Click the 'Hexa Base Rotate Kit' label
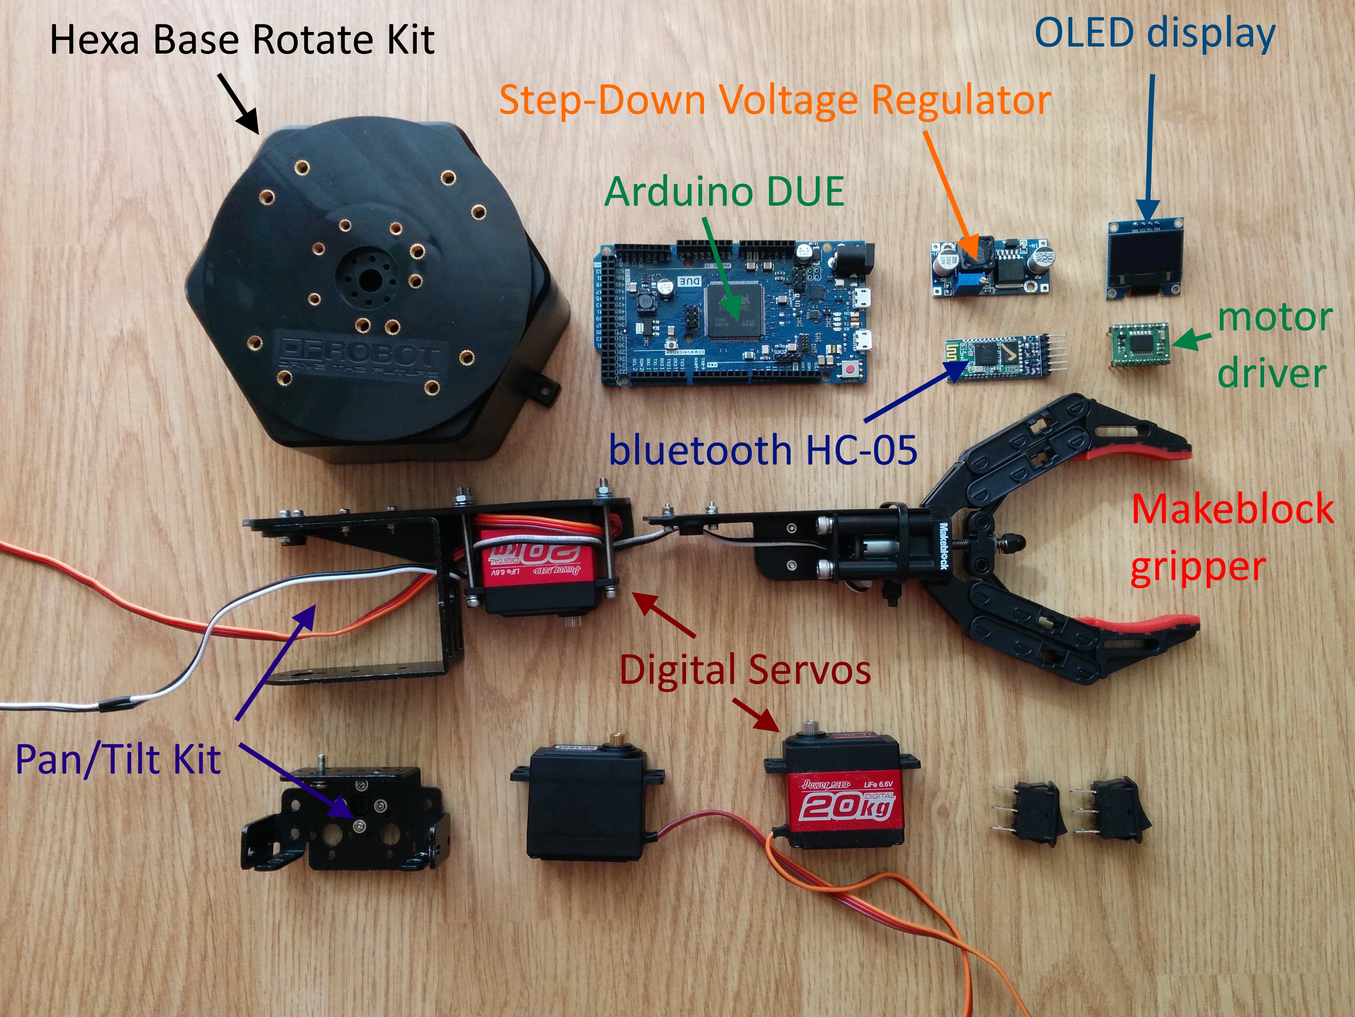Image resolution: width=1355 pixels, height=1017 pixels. click(x=242, y=40)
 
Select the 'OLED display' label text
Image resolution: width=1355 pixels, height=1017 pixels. click(x=1154, y=34)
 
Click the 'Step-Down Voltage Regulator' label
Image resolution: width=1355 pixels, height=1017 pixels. click(x=775, y=100)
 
